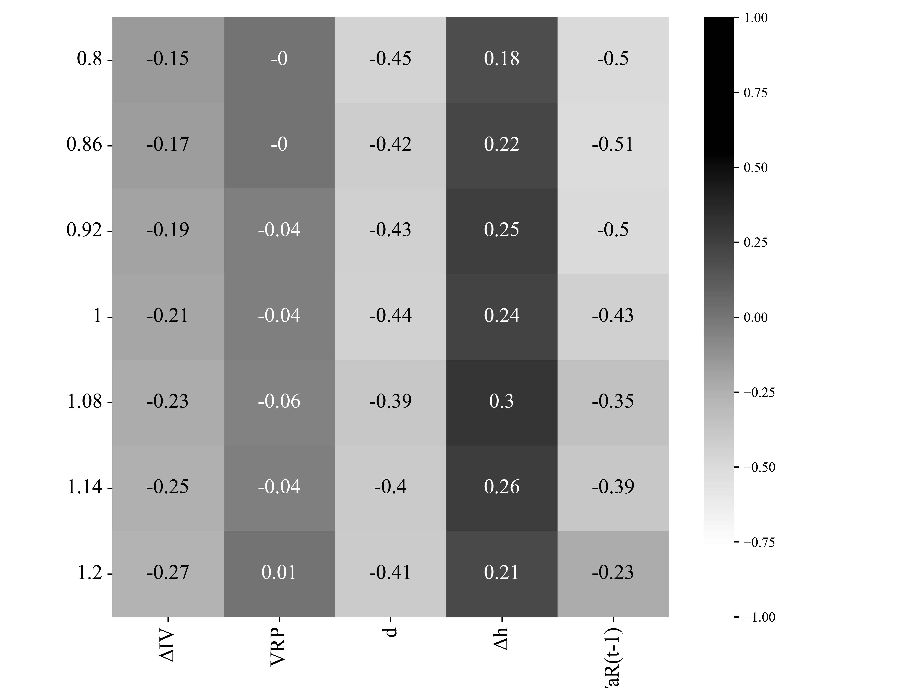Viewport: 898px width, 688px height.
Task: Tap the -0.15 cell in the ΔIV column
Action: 168,59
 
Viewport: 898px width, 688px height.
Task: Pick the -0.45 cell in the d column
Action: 390,59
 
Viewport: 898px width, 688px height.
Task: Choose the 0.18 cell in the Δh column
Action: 502,59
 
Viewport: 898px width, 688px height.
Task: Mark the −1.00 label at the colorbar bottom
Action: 759,617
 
